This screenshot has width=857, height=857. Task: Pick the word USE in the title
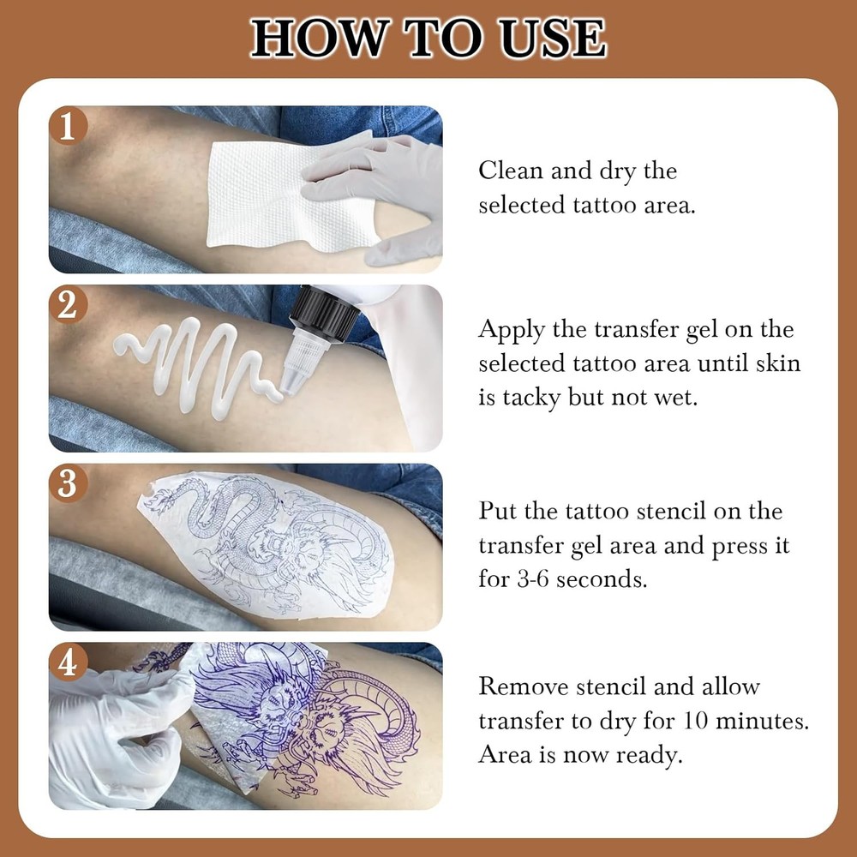[548, 38]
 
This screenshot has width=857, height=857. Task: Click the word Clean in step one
[511, 171]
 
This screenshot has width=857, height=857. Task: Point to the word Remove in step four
[521, 686]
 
